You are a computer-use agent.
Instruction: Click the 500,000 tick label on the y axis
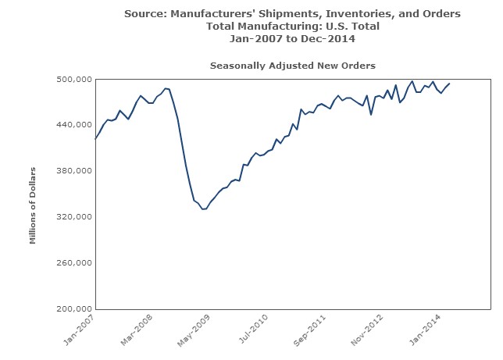(74, 79)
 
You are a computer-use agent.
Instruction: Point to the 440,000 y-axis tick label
(74, 125)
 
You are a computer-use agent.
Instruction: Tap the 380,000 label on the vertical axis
(74, 171)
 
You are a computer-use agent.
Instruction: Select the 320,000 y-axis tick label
(74, 216)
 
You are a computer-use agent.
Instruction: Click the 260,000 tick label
(74, 262)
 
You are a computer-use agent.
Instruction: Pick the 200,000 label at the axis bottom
(74, 308)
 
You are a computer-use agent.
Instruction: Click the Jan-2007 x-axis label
(81, 330)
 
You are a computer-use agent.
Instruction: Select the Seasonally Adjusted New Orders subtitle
(293, 65)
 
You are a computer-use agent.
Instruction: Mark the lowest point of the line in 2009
(203, 209)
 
